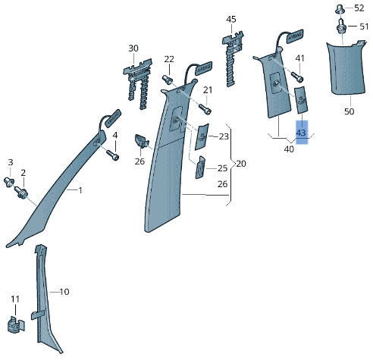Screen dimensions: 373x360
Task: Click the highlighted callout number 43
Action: pyautogui.click(x=301, y=133)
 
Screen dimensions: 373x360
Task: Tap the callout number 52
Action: pyautogui.click(x=359, y=8)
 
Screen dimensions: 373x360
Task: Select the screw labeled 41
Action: pyautogui.click(x=297, y=77)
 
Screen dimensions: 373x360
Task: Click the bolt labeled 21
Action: pyautogui.click(x=205, y=108)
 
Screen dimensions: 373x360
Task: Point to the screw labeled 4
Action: pyautogui.click(x=113, y=155)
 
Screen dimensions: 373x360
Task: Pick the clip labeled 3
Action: pyautogui.click(x=9, y=182)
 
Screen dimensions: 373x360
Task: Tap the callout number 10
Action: pyautogui.click(x=64, y=292)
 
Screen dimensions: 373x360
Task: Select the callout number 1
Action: pyautogui.click(x=80, y=190)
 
